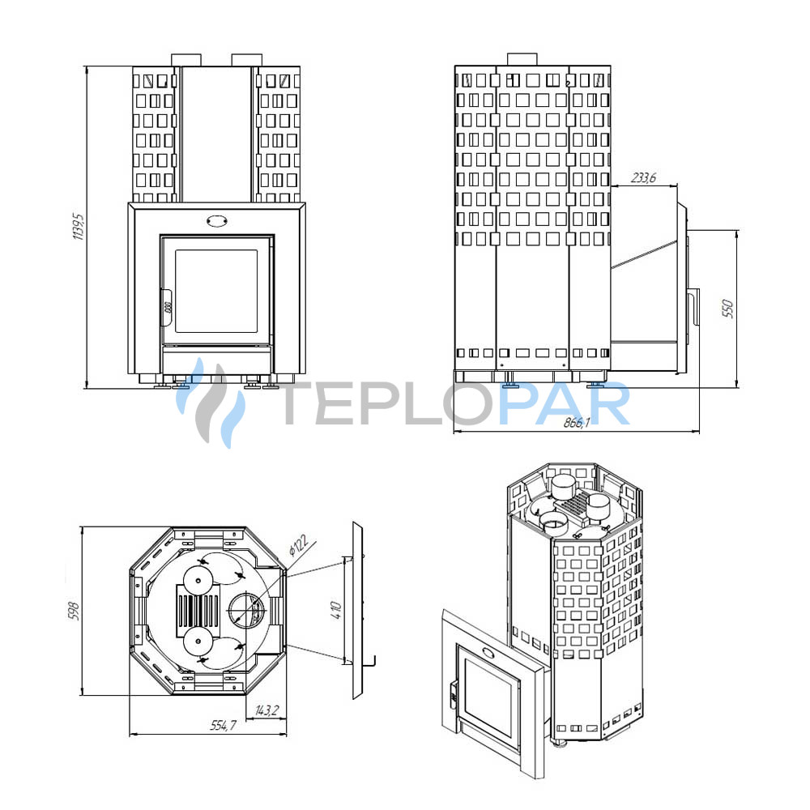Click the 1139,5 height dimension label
pyautogui.click(x=78, y=226)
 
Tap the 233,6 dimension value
pyautogui.click(x=643, y=177)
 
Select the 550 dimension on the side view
pyautogui.click(x=727, y=308)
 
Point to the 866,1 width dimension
pyautogui.click(x=577, y=423)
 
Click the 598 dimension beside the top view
pyautogui.click(x=75, y=611)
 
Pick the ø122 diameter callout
pyautogui.click(x=298, y=545)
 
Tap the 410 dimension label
pyautogui.click(x=336, y=611)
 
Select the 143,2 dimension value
pyautogui.click(x=266, y=710)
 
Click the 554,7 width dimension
pyautogui.click(x=223, y=725)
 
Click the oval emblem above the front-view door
pyautogui.click(x=217, y=220)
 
